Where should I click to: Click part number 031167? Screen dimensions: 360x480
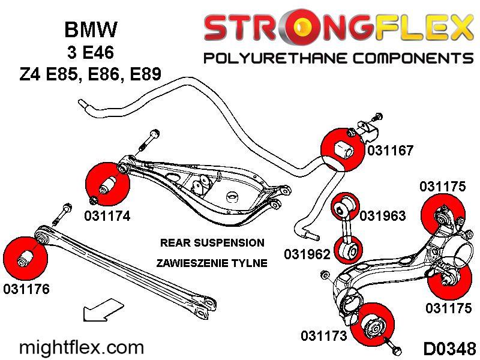(391, 151)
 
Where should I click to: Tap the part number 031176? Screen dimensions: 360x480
(26, 289)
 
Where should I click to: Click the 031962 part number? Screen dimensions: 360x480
(307, 254)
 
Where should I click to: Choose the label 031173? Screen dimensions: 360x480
(324, 336)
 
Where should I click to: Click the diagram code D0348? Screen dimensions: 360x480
(449, 348)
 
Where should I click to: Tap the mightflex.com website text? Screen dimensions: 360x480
(82, 347)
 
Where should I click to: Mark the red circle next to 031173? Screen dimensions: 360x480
(374, 325)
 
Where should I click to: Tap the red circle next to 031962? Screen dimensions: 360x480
(347, 249)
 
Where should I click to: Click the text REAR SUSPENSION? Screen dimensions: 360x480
(212, 243)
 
